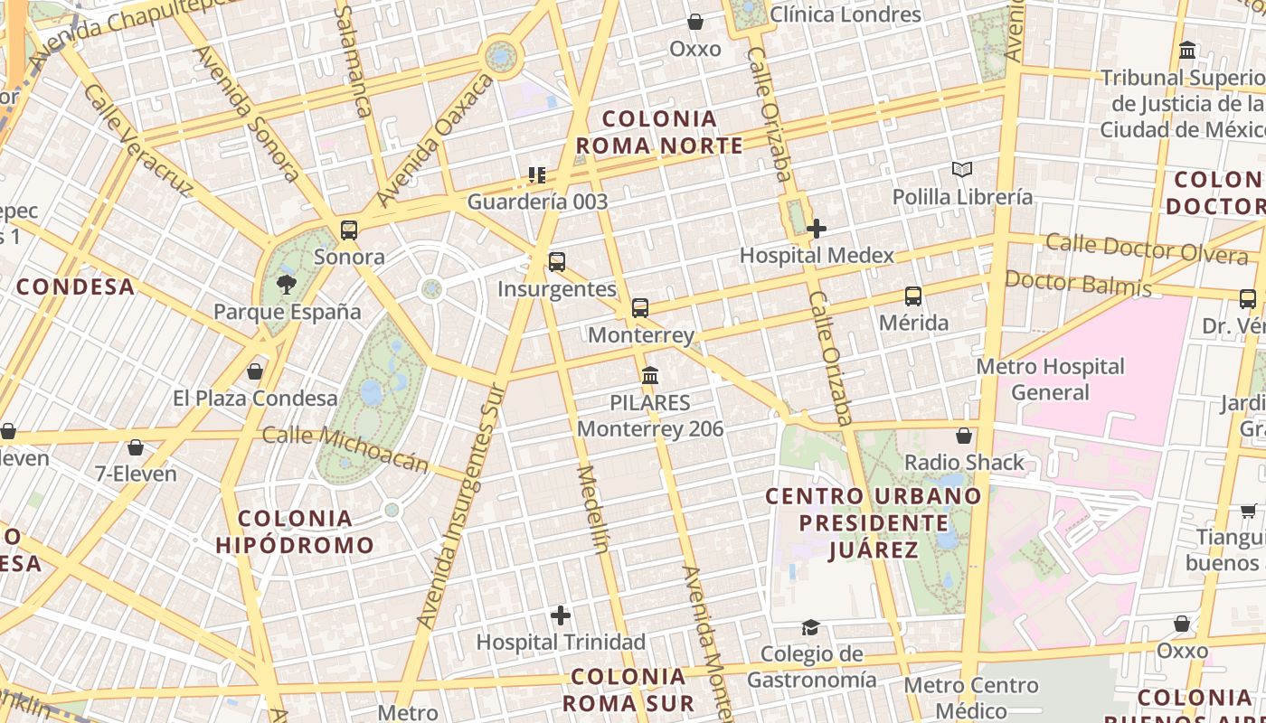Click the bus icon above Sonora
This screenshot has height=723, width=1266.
[349, 230]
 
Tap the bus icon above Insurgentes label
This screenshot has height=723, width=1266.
[557, 262]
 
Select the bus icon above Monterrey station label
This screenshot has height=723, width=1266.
[640, 308]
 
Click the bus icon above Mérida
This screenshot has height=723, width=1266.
[913, 296]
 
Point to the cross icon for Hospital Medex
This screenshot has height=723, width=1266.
[816, 229]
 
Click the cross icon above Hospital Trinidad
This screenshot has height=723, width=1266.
[561, 615]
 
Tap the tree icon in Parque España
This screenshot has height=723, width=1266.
[287, 285]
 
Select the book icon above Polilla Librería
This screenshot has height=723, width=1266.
[962, 169]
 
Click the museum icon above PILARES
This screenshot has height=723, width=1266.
[649, 375]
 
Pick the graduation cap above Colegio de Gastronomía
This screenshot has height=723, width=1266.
[810, 627]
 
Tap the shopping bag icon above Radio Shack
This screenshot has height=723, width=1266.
[964, 436]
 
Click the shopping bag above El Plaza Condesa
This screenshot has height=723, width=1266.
[255, 371]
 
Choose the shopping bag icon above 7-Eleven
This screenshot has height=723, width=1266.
[136, 446]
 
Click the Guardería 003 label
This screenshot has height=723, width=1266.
[537, 202]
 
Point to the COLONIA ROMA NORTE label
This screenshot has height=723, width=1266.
[659, 132]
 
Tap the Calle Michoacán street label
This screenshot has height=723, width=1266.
[345, 448]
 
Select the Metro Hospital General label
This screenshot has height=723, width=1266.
[1050, 380]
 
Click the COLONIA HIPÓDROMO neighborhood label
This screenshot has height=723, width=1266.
[295, 531]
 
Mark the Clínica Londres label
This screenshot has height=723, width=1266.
[845, 14]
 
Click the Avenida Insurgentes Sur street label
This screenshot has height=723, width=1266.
[459, 506]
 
